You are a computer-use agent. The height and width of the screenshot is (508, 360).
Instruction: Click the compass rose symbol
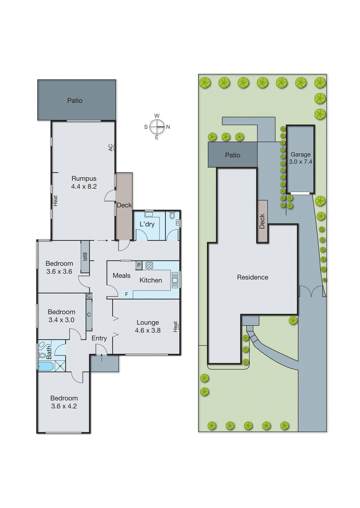tap(157, 127)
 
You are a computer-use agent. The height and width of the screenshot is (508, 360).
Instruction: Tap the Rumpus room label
tap(84, 178)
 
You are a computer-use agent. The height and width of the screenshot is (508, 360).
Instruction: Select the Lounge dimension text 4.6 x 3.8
tap(148, 331)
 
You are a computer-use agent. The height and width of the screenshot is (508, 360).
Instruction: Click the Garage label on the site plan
tap(301, 155)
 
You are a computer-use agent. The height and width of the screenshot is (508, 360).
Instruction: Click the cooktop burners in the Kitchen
tap(149, 265)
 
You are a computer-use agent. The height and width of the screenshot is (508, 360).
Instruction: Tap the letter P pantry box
tap(139, 265)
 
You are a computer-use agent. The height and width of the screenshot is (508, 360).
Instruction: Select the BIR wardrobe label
tap(85, 257)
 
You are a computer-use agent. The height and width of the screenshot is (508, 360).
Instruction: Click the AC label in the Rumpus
tap(111, 148)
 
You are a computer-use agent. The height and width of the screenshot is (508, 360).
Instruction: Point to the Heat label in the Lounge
tap(175, 327)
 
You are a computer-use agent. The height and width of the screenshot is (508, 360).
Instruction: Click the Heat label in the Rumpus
tap(55, 201)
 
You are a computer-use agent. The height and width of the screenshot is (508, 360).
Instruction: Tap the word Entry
tap(99, 338)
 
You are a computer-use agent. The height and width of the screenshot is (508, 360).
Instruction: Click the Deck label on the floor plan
tap(124, 205)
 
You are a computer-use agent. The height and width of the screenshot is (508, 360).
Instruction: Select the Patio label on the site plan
tap(233, 155)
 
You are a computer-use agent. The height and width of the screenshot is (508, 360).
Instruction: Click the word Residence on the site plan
tap(253, 277)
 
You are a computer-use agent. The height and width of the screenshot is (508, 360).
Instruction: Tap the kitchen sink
tap(175, 280)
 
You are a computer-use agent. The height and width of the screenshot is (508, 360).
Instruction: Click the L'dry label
tap(147, 224)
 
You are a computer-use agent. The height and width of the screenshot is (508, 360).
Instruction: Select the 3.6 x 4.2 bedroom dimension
tap(64, 406)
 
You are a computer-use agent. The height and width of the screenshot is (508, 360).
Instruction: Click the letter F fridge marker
tap(126, 295)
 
